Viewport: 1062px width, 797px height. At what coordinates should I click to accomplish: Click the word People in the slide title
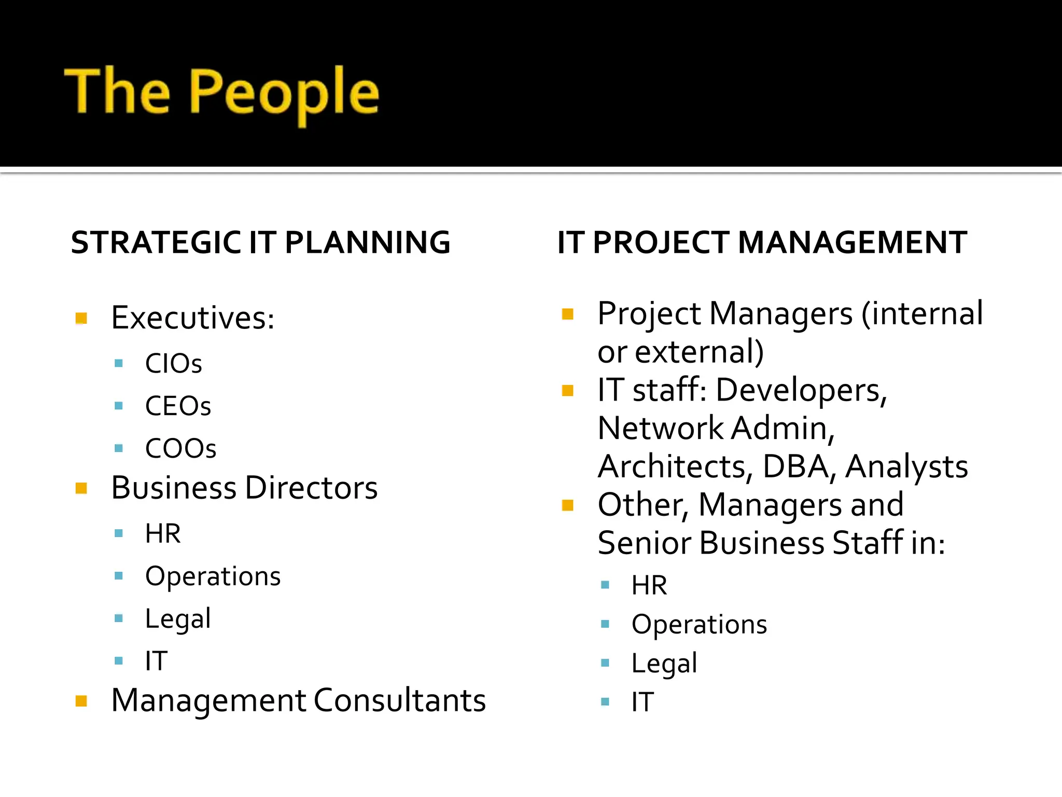(x=284, y=93)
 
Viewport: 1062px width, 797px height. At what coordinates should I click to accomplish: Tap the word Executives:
(x=192, y=318)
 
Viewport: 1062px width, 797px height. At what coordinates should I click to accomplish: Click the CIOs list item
(x=173, y=363)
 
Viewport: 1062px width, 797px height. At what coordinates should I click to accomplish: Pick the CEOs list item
(x=178, y=406)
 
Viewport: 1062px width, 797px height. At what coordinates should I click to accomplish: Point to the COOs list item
(x=180, y=448)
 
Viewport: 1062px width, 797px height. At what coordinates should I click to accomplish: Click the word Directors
(x=311, y=488)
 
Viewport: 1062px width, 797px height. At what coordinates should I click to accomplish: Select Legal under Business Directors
(x=178, y=619)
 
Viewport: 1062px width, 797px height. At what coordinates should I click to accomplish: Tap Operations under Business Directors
(x=213, y=576)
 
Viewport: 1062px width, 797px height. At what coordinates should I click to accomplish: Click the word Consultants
(x=399, y=700)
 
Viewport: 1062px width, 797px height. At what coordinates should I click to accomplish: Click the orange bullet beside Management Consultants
(x=81, y=702)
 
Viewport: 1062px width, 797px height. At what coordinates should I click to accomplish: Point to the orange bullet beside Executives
(x=81, y=318)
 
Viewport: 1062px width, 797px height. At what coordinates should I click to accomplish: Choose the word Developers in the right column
(x=801, y=390)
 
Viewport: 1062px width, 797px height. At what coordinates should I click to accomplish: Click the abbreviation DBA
(x=796, y=466)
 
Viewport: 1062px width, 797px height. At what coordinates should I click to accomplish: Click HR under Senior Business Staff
(x=649, y=585)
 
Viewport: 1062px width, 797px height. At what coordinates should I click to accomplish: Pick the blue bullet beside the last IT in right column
(x=605, y=702)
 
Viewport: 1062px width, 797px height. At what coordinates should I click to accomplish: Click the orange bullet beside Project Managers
(x=568, y=314)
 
